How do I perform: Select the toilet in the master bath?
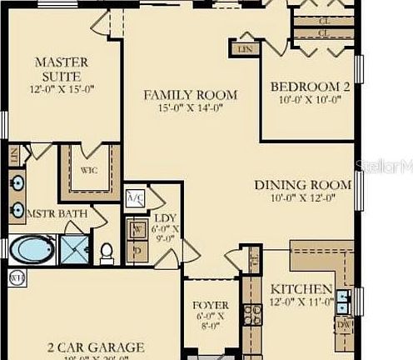point(106,250)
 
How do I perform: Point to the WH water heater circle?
point(14,276)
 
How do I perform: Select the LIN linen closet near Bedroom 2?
point(246,49)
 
